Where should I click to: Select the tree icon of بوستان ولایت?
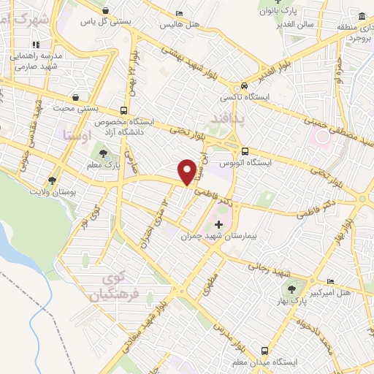click(x=51, y=180)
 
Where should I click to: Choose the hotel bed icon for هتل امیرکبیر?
click(x=329, y=281)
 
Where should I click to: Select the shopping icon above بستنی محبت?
click(x=75, y=96)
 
